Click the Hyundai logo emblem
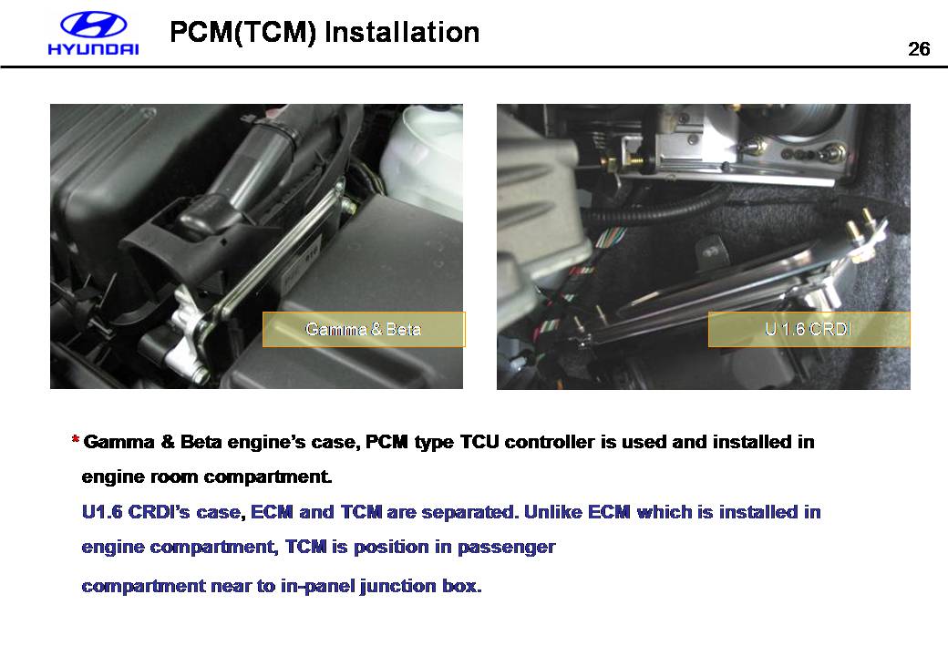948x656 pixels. click(x=93, y=25)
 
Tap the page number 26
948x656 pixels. click(x=919, y=49)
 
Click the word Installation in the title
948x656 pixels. click(x=402, y=32)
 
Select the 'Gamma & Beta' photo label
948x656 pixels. click(x=364, y=329)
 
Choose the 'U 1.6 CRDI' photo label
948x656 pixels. click(x=809, y=329)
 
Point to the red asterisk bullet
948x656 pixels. click(x=76, y=440)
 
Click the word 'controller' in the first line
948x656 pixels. click(x=549, y=442)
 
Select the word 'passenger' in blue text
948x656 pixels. click(x=506, y=548)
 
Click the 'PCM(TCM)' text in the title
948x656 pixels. click(x=243, y=32)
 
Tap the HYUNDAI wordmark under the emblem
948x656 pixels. click(x=93, y=49)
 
